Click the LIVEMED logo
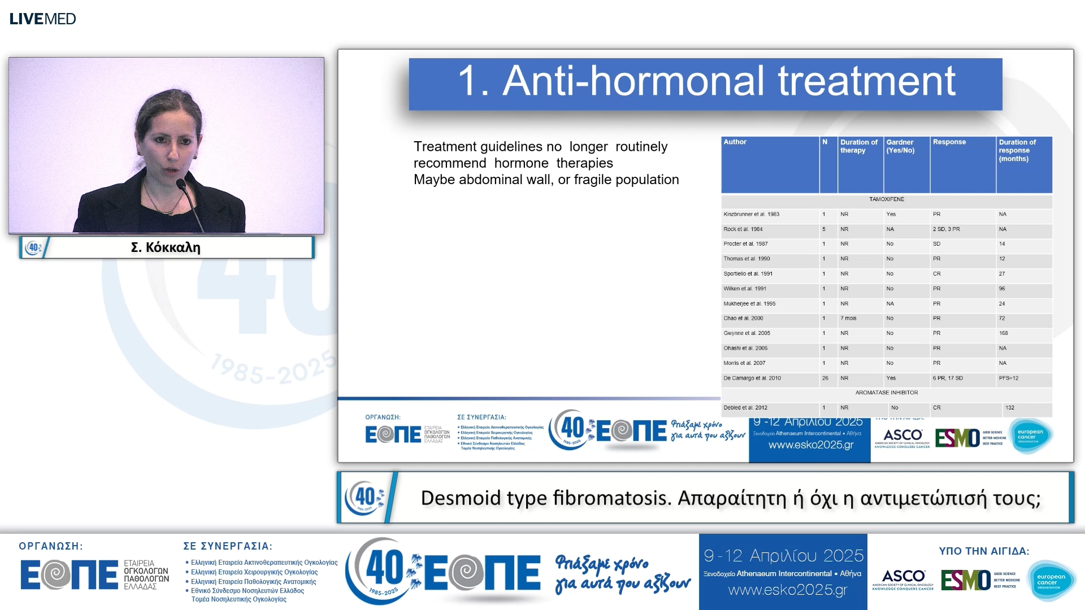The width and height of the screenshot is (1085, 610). pos(42,19)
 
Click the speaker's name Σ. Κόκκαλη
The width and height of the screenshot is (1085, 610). pos(166,247)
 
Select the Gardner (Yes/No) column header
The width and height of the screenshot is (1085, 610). pos(900,146)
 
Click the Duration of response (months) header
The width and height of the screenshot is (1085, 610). pos(1017,150)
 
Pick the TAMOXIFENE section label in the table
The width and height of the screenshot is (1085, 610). pos(886,199)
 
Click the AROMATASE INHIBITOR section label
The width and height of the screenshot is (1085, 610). pos(886,393)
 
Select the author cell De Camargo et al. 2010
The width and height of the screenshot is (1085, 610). pos(752,378)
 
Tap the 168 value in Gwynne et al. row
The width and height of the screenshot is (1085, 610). pos(1003,333)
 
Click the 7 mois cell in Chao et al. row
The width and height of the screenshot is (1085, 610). pos(848,319)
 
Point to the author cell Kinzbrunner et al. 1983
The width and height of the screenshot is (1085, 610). pos(751,214)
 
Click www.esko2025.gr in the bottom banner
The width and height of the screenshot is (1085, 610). pos(787,590)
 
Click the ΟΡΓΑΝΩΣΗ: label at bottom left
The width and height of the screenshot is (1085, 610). pos(51,546)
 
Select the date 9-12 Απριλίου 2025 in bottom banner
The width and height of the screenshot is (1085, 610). pos(783,556)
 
